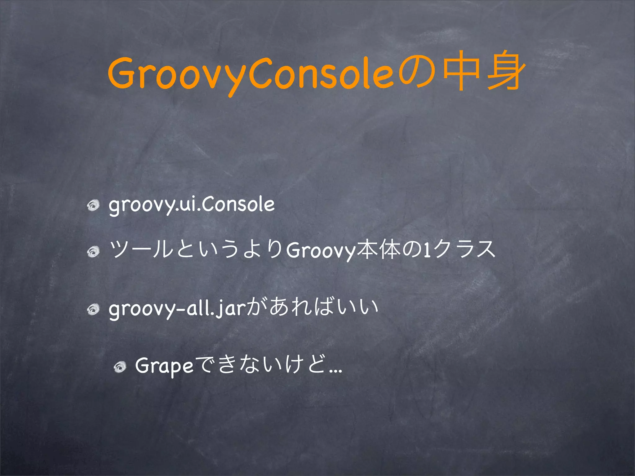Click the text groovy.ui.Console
point(192,205)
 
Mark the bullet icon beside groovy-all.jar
point(93,309)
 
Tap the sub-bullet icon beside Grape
point(119,367)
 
